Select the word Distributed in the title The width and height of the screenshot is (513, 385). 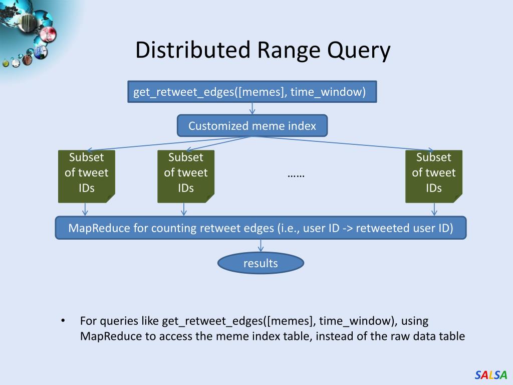193,50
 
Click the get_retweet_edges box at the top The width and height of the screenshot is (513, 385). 252,92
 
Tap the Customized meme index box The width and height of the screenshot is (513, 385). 252,126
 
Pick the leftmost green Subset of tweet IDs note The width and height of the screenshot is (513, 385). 86,176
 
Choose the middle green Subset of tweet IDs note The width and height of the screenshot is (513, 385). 186,176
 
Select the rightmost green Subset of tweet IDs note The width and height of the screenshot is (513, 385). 434,176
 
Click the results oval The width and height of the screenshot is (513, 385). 261,263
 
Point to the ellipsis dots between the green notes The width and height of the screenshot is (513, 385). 296,176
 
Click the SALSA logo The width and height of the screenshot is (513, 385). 490,374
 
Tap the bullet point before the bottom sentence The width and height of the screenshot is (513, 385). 63,320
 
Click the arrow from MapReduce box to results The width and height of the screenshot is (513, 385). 261,246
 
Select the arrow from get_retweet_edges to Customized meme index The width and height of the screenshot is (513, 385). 252,109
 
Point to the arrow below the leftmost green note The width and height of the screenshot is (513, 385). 85,210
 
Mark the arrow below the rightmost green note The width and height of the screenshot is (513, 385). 434,210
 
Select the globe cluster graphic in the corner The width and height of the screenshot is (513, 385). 26,35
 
